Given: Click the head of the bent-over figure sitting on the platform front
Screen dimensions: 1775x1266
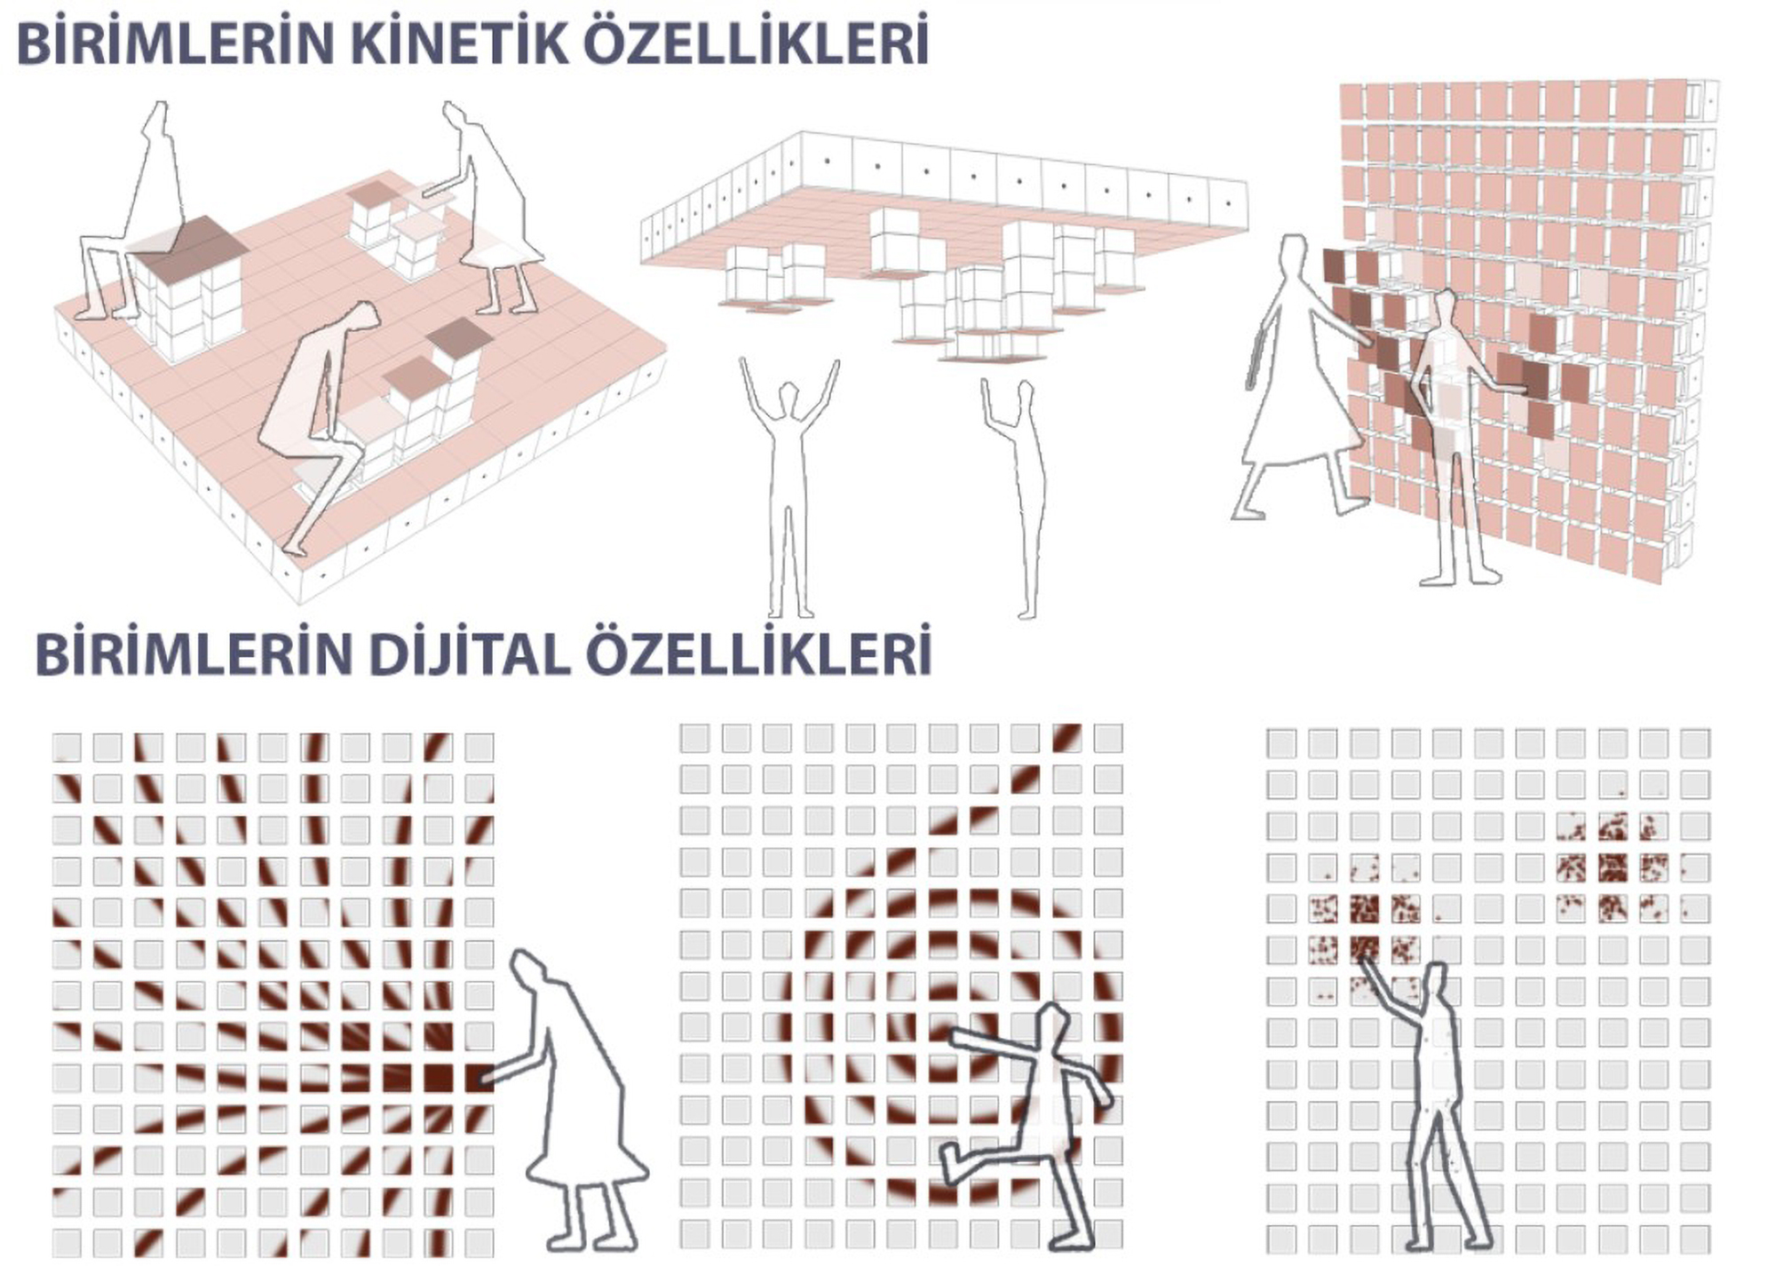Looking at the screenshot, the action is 361,320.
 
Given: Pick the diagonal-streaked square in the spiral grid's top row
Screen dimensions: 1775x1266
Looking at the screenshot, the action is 1066,738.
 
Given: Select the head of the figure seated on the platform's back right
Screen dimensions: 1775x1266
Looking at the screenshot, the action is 455,115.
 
